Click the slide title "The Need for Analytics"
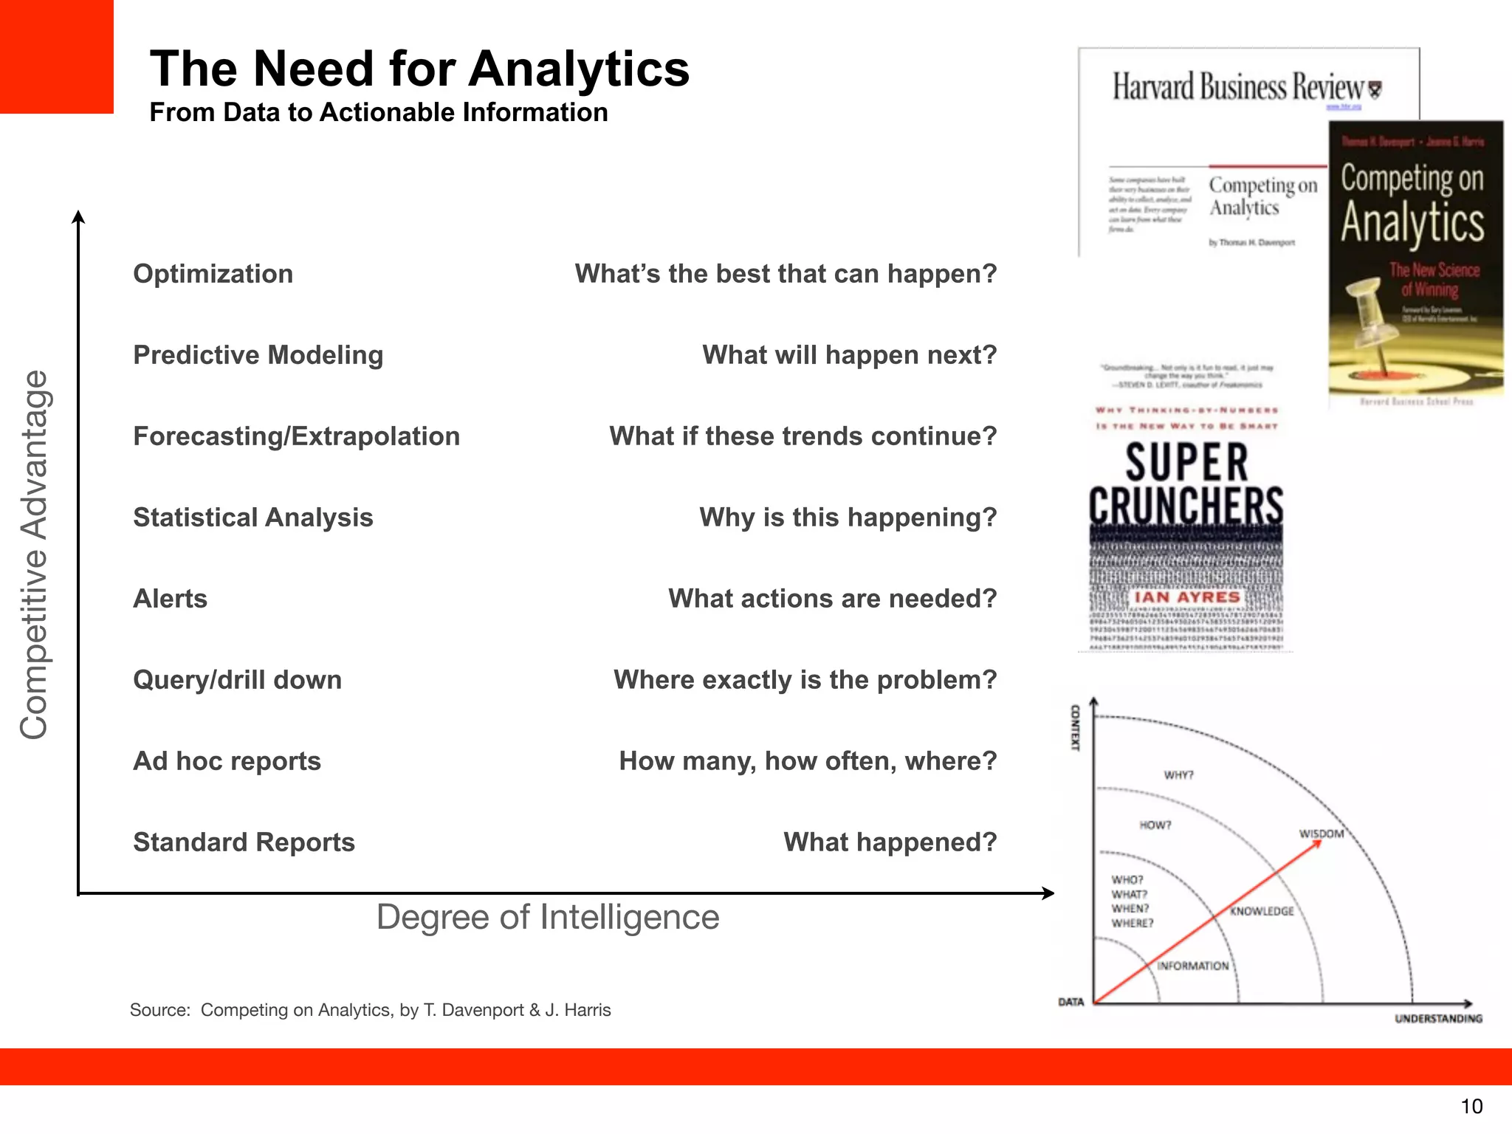419,69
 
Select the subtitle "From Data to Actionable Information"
378,112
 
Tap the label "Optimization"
213,274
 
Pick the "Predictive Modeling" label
258,355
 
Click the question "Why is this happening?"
848,518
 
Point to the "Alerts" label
170,599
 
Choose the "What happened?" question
890,842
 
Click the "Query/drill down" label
237,680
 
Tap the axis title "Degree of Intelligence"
548,917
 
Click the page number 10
1471,1106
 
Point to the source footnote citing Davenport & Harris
370,1010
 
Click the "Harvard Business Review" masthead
1239,87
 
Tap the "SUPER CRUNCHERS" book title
1186,484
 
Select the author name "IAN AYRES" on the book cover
1186,597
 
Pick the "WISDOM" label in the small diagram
1321,834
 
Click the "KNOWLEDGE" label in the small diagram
1261,911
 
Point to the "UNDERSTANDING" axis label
1437,1019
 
